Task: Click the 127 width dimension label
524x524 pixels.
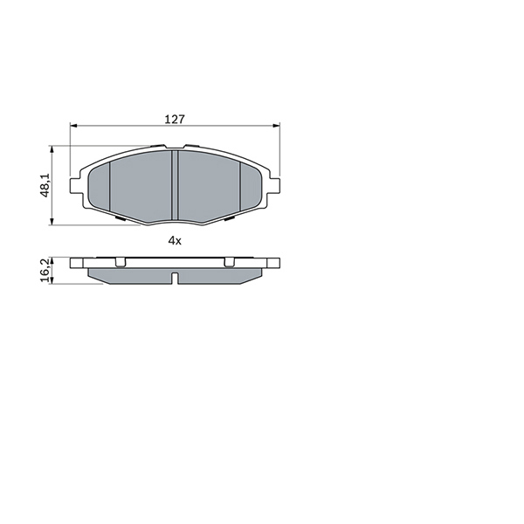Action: (x=175, y=120)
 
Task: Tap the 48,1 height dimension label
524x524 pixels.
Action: (x=45, y=185)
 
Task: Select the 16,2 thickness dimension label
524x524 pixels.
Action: (x=45, y=270)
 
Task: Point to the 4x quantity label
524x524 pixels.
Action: (x=175, y=240)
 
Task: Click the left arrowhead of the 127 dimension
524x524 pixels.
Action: (x=73, y=126)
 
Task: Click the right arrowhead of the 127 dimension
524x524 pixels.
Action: (x=276, y=126)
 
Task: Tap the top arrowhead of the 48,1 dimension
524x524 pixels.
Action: (x=52, y=149)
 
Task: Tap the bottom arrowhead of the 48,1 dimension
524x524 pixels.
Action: (x=52, y=221)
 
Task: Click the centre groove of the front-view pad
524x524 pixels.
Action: (x=175, y=185)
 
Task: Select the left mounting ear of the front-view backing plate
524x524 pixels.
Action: (x=75, y=186)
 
